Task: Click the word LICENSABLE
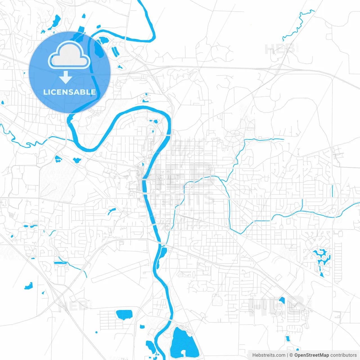69,92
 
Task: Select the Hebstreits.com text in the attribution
269,355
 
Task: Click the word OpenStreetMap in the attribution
311,355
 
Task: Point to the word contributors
343,355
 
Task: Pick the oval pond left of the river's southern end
124,314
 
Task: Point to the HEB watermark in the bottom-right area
277,307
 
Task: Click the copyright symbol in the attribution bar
291,355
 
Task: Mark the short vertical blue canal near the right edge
333,191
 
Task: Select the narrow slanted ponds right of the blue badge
115,52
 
